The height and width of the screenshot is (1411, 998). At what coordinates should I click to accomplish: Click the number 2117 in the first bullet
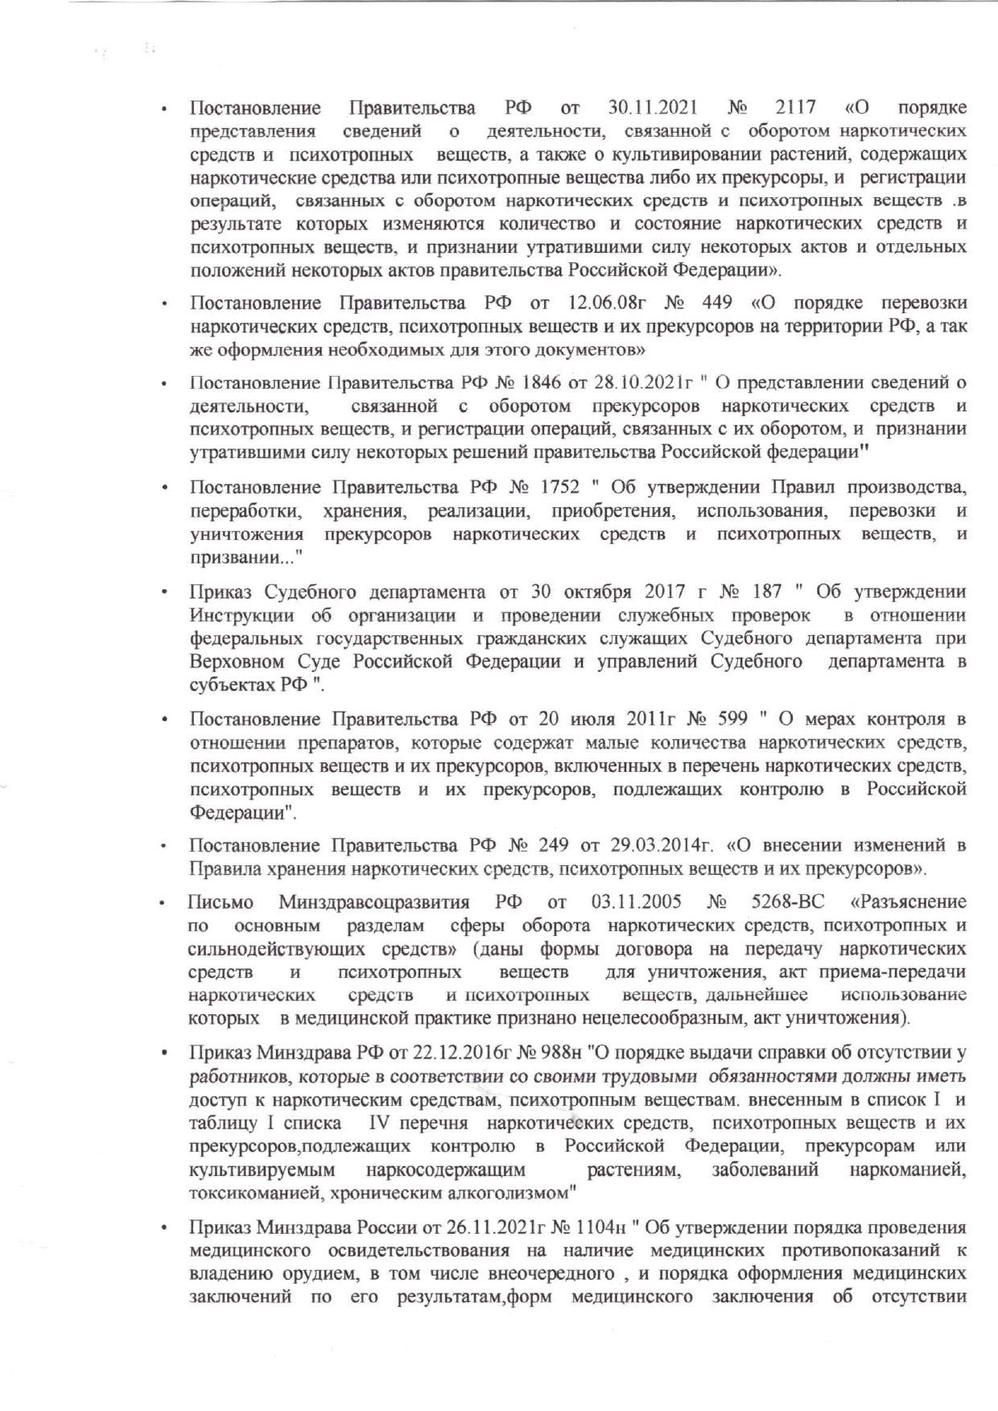pyautogui.click(x=795, y=108)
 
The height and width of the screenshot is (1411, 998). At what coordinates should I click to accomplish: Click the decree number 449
pyautogui.click(x=716, y=303)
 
